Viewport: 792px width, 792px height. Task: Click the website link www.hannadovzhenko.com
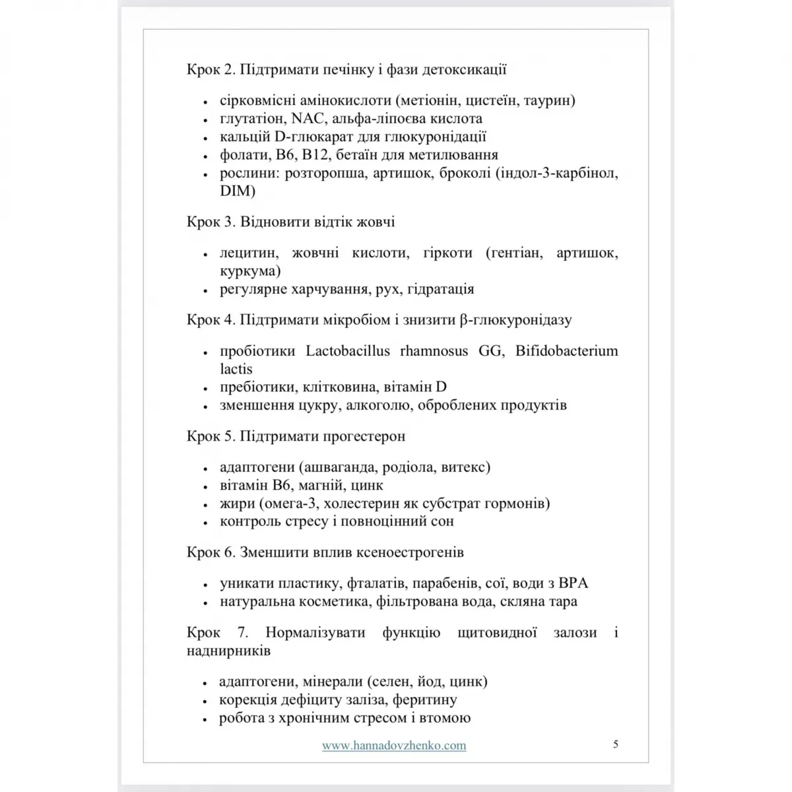point(394,745)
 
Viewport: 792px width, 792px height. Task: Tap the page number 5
point(616,744)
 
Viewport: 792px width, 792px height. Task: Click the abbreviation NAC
point(309,119)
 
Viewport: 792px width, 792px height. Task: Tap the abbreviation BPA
point(573,583)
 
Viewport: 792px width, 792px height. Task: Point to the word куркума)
point(250,271)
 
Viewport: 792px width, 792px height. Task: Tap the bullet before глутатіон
point(205,120)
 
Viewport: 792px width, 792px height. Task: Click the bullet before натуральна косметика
point(205,603)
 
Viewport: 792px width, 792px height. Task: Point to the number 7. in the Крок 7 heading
point(243,632)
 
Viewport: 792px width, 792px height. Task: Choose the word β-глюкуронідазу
point(515,320)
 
